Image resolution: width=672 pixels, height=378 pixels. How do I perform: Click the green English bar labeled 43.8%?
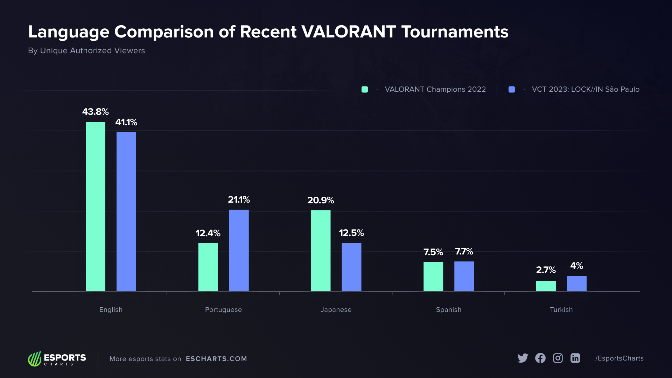pos(95,206)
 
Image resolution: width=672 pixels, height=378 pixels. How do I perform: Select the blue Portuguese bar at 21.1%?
pos(239,250)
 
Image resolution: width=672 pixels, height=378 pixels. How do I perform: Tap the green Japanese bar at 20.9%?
pos(321,251)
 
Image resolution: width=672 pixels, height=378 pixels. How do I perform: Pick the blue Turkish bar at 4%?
pos(576,283)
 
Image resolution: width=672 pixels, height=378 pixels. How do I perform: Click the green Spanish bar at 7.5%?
pos(433,276)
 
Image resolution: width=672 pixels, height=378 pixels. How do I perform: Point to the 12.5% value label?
pos(351,233)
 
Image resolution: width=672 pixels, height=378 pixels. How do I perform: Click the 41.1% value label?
pos(126,122)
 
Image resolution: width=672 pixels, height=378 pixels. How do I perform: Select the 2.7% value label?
pos(546,270)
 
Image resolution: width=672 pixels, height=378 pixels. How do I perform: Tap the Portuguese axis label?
pos(223,309)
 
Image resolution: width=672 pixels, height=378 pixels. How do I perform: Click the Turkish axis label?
pos(561,309)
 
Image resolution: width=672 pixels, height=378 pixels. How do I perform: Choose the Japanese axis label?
pos(336,309)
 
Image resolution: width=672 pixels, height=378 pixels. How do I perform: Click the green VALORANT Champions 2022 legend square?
pos(365,89)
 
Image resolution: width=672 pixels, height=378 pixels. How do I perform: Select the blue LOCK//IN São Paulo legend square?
pos(512,89)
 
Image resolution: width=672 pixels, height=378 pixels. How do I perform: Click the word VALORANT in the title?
pos(349,32)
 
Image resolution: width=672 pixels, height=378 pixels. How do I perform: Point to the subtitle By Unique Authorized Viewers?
pos(86,50)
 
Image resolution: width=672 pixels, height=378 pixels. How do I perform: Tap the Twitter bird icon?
pos(523,358)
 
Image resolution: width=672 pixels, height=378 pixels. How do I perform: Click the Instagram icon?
pos(558,358)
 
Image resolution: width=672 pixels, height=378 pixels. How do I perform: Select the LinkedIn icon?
pos(575,358)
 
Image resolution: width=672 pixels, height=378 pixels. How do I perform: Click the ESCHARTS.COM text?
pos(216,359)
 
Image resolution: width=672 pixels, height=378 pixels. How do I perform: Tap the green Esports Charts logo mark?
pos(35,359)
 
